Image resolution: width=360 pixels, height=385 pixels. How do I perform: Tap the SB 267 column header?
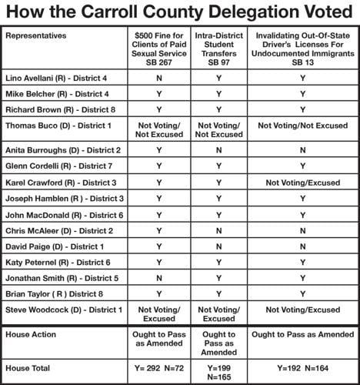pyautogui.click(x=159, y=50)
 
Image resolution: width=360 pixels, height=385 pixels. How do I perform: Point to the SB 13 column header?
pyautogui.click(x=304, y=50)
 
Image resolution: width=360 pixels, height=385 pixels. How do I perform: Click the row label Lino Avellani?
pyautogui.click(x=54, y=78)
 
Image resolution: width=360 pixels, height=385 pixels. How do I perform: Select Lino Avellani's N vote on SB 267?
pyautogui.click(x=159, y=78)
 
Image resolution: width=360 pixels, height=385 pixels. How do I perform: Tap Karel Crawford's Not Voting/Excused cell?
pyautogui.click(x=304, y=182)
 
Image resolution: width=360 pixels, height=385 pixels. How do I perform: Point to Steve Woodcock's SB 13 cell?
pyautogui.click(x=304, y=310)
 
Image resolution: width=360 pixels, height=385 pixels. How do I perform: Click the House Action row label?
pyautogui.click(x=31, y=335)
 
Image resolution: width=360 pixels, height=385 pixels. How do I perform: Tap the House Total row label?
pyautogui.click(x=28, y=368)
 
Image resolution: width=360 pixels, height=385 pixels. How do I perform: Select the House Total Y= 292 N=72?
pyautogui.click(x=159, y=368)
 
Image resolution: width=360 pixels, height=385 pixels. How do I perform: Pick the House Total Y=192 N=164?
pyautogui.click(x=304, y=368)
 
